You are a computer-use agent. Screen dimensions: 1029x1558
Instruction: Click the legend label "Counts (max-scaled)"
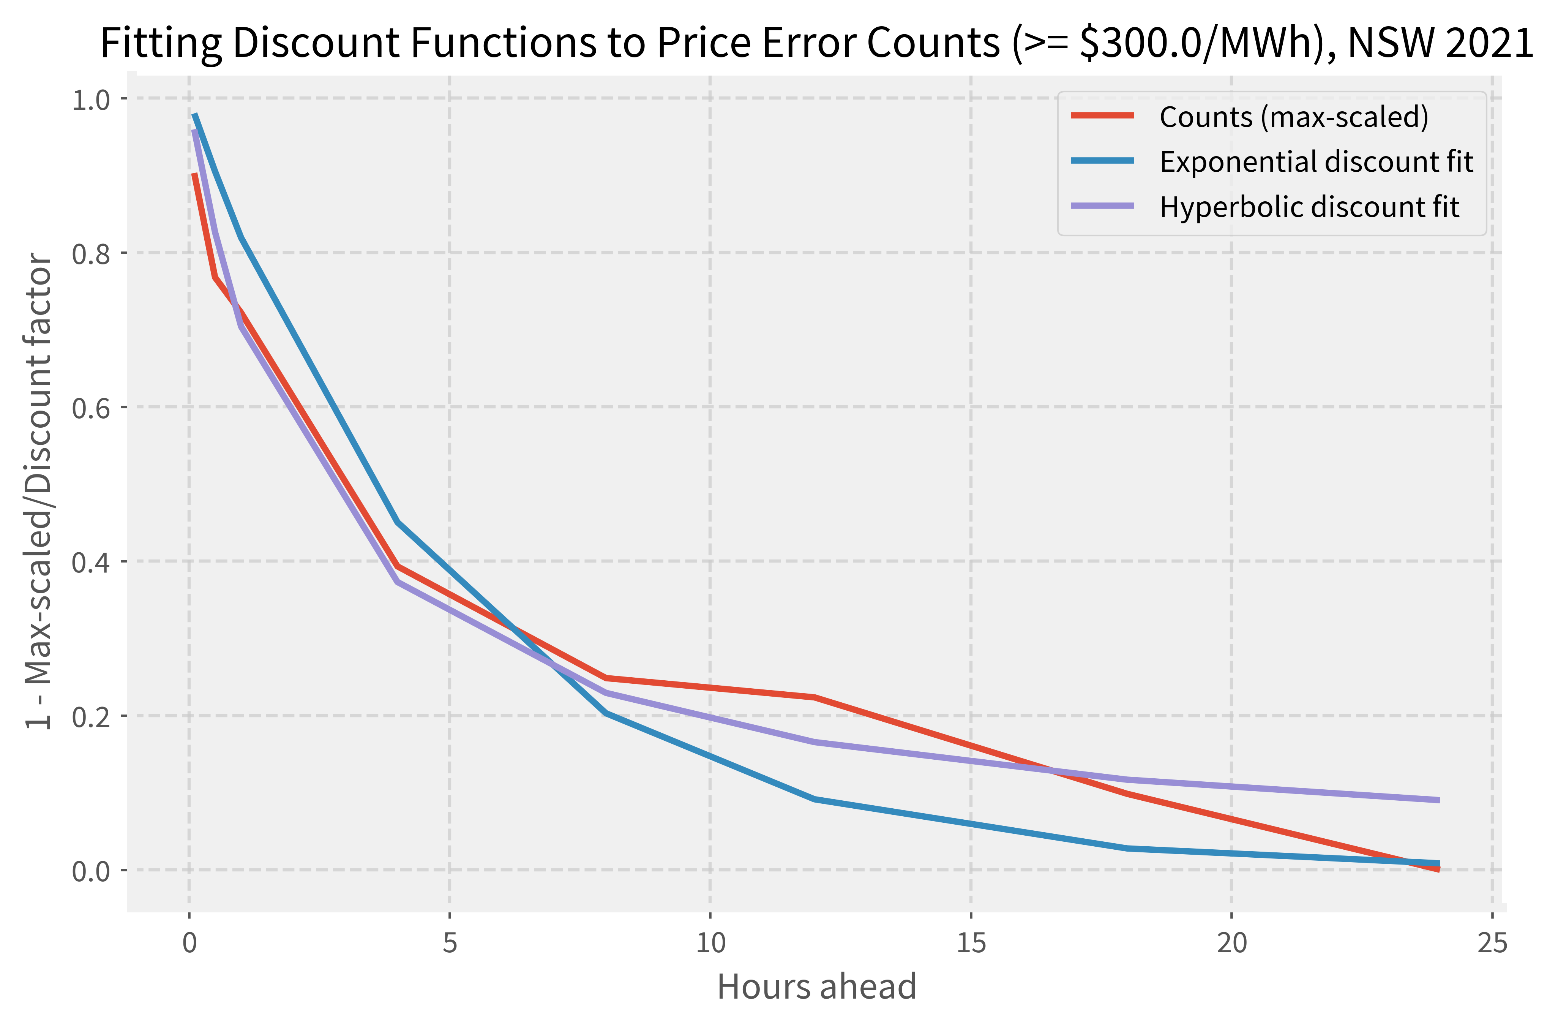pyautogui.click(x=1294, y=117)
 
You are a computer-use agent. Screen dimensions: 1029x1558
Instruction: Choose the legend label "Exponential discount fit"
pyautogui.click(x=1316, y=161)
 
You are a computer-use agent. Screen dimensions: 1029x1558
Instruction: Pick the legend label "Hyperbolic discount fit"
pyautogui.click(x=1309, y=207)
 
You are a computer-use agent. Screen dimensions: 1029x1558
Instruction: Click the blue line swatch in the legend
pyautogui.click(x=1102, y=161)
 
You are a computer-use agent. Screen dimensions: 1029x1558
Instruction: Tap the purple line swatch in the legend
pyautogui.click(x=1102, y=206)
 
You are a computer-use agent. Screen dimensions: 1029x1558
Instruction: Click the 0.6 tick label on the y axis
pyautogui.click(x=90, y=408)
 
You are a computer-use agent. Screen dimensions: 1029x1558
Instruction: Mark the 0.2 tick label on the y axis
pyautogui.click(x=90, y=716)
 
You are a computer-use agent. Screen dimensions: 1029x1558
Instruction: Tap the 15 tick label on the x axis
pyautogui.click(x=971, y=943)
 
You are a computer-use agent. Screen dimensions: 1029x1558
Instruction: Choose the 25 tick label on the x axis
pyautogui.click(x=1492, y=943)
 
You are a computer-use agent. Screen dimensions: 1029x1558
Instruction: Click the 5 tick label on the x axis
pyautogui.click(x=449, y=943)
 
